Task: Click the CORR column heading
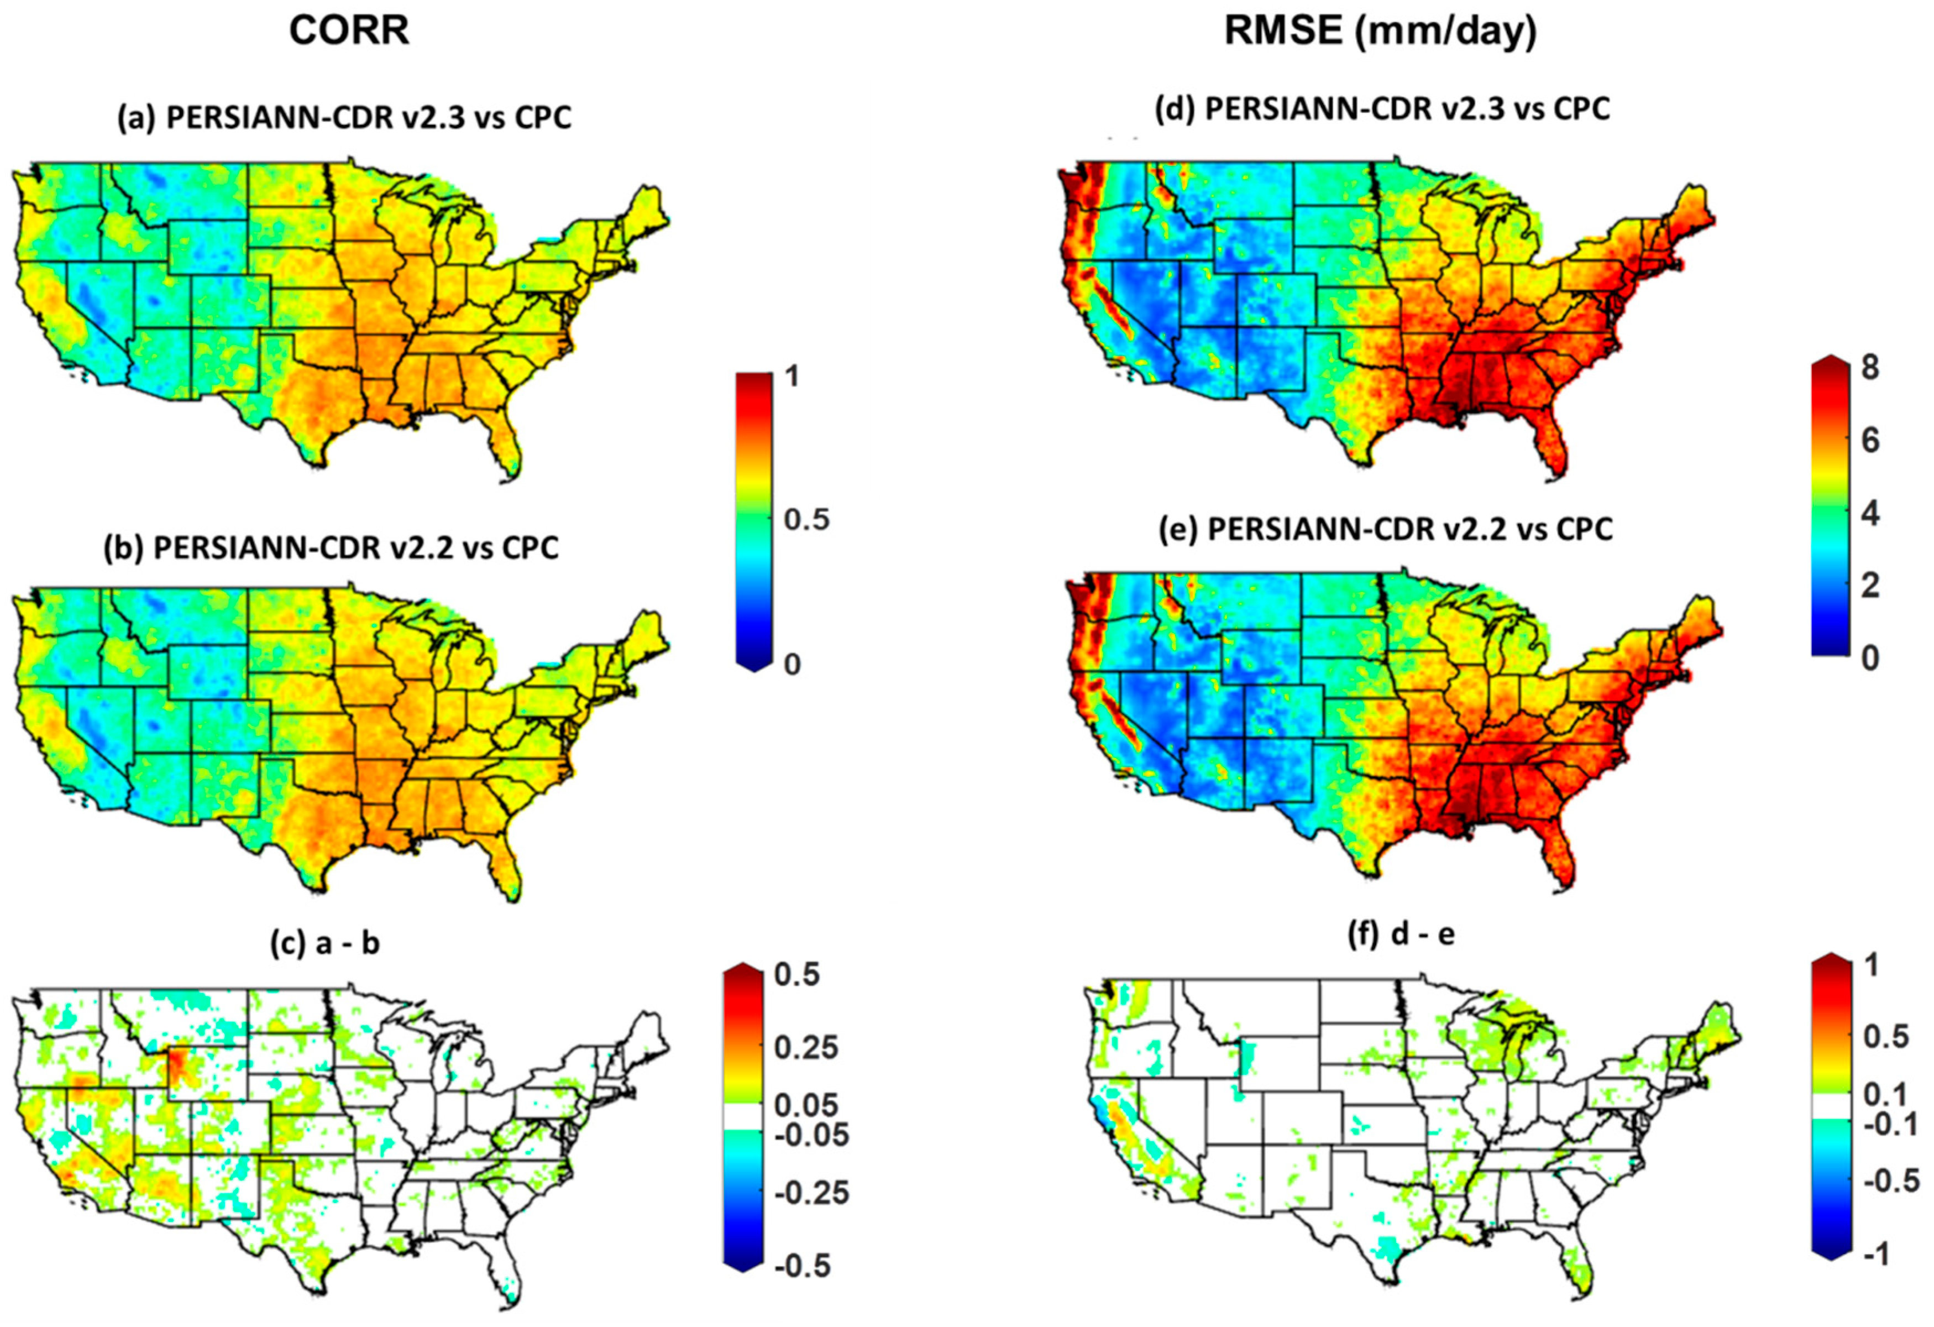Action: click(x=349, y=32)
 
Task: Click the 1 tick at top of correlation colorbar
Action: click(x=792, y=377)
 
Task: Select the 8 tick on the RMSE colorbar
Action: click(x=1870, y=367)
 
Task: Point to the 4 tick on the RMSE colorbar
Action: click(x=1870, y=514)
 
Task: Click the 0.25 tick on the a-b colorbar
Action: click(x=805, y=1048)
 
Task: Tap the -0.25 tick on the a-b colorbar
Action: click(x=811, y=1193)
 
